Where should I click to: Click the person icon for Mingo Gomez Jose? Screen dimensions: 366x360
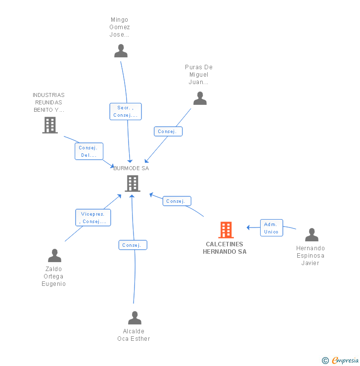pos(121,51)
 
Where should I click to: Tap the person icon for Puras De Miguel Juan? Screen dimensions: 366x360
pos(200,98)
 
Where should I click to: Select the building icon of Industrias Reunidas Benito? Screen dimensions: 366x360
pos(50,125)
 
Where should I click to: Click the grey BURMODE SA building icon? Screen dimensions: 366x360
pos(132,183)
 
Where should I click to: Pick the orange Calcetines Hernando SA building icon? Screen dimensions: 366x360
pos(225,230)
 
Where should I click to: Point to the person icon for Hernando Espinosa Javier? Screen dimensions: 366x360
pos(312,235)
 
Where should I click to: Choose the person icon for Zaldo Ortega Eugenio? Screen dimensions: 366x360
pos(54,256)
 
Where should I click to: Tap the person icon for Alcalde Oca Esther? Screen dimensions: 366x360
pos(135,318)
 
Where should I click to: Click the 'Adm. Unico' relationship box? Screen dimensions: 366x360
pos(271,228)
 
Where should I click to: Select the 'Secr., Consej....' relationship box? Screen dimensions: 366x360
pos(126,111)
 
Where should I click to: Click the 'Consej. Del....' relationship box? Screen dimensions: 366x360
pos(90,151)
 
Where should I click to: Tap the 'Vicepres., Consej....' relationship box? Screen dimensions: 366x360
pos(93,218)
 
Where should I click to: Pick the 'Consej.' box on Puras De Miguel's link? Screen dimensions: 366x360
pos(168,132)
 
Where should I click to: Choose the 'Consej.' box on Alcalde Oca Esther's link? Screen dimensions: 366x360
pos(133,245)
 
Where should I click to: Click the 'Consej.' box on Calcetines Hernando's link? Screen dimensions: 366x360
pos(177,201)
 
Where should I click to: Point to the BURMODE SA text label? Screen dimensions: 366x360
pos(131,168)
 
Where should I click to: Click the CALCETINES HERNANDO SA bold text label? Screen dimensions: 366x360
pos(225,248)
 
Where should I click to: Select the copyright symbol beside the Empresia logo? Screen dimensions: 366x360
pos(325,361)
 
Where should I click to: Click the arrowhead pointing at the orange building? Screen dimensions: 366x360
pos(249,228)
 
